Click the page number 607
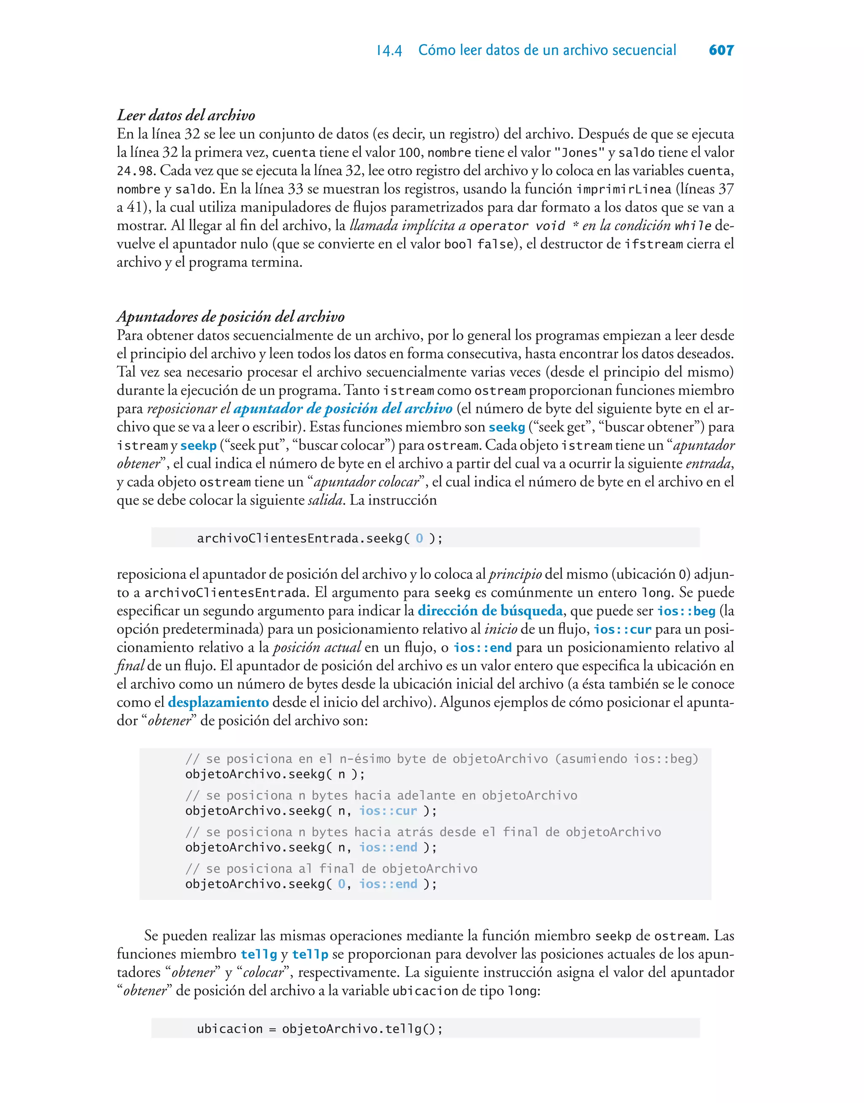(x=721, y=50)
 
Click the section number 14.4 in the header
(x=389, y=51)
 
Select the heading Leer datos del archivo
(x=186, y=115)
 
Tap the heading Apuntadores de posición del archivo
(x=231, y=317)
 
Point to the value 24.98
(x=135, y=171)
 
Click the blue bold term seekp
(x=198, y=446)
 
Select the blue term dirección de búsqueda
(x=490, y=611)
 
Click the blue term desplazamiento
(x=218, y=703)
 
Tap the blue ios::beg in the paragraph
(x=686, y=611)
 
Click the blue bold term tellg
(x=259, y=955)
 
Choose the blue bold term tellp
(x=310, y=955)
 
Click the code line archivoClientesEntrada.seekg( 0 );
(x=320, y=538)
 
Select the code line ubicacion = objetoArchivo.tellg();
(x=320, y=1029)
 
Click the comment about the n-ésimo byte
(x=441, y=759)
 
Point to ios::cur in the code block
(x=388, y=811)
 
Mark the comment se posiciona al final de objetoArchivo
(x=331, y=869)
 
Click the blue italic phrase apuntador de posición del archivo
(x=343, y=409)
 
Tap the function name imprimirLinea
(x=624, y=189)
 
